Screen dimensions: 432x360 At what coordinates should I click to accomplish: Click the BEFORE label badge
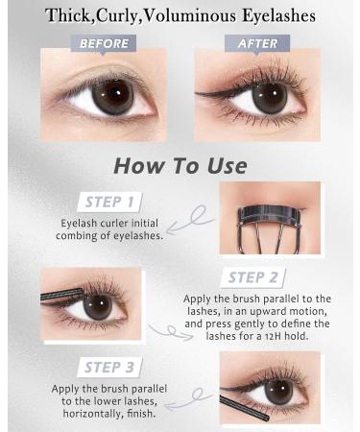click(104, 43)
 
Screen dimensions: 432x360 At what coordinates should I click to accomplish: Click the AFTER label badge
click(256, 43)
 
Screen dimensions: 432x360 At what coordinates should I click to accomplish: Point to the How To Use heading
click(180, 164)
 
